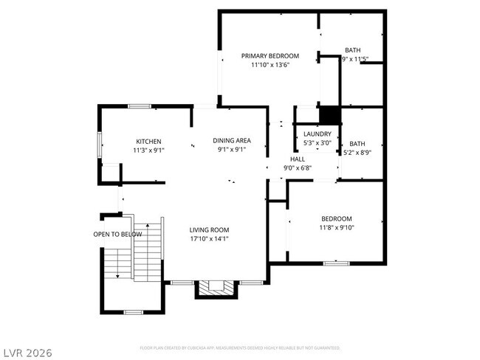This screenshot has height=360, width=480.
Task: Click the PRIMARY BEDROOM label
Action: [270, 56]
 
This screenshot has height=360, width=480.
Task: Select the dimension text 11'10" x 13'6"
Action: [270, 65]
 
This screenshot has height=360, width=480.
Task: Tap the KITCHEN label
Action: [148, 142]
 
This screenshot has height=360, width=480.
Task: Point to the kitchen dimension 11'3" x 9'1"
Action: [148, 150]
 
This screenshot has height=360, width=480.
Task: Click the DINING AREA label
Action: [232, 140]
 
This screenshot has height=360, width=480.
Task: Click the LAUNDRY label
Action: [318, 134]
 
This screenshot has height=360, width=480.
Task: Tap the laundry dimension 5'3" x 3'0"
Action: [318, 143]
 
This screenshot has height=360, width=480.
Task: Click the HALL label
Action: [297, 159]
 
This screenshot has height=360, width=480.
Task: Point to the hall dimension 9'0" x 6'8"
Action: [297, 168]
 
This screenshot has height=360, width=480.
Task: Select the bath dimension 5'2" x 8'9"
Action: [357, 153]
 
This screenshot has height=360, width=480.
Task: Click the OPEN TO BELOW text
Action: [117, 235]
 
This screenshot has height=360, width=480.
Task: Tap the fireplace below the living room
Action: [216, 288]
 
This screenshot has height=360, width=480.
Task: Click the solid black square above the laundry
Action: [329, 116]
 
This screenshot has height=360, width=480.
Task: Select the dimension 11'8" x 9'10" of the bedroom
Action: [336, 228]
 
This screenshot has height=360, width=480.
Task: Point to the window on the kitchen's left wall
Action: [100, 145]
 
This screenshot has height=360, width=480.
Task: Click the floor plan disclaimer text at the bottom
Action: [240, 347]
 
